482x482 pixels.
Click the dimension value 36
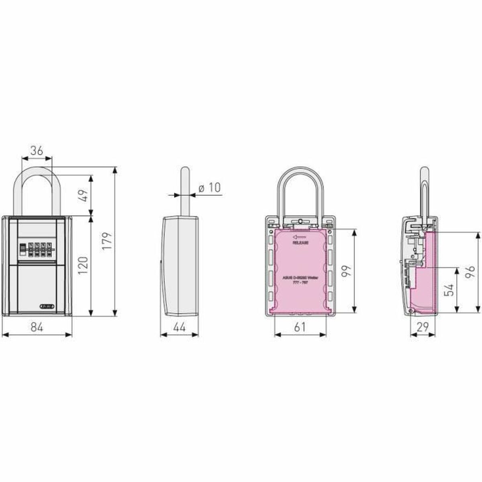point(37,151)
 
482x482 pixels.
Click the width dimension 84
point(37,327)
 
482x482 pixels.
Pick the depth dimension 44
point(179,327)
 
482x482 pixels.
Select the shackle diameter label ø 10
point(210,188)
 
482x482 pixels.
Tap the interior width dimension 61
point(300,327)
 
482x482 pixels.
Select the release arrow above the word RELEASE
point(299,237)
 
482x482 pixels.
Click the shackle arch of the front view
point(37,169)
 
